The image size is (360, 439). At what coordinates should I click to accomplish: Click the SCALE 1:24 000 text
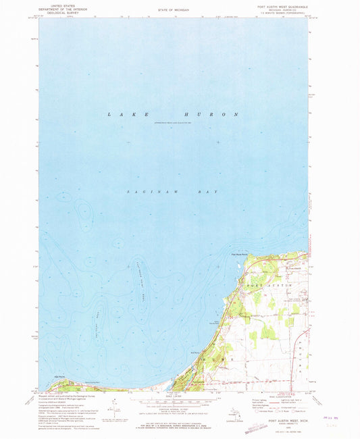point(174,394)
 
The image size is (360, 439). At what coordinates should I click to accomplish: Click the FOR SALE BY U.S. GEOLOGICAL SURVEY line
point(174,423)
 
